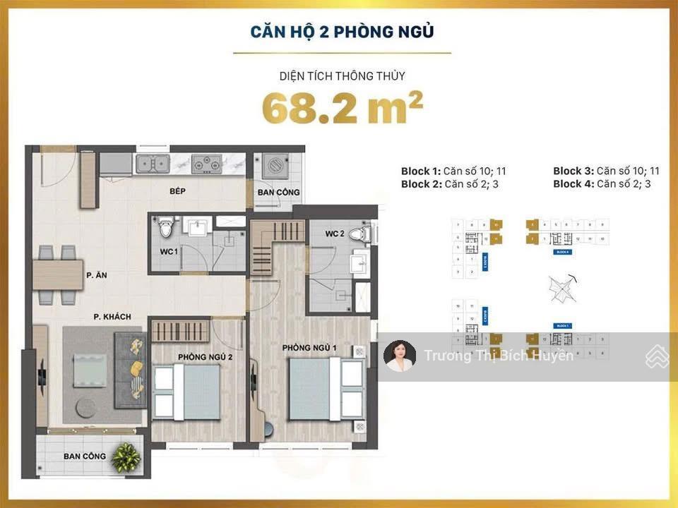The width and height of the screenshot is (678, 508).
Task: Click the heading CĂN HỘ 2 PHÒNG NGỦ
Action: click(342, 32)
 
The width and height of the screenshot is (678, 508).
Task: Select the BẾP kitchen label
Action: click(177, 191)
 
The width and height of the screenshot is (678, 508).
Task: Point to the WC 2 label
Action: click(335, 234)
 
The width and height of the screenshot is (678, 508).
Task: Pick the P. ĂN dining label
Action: click(96, 276)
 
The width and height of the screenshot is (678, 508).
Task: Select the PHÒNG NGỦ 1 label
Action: click(309, 348)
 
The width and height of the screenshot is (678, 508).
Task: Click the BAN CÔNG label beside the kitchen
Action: click(278, 192)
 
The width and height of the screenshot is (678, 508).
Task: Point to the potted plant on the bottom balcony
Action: click(126, 457)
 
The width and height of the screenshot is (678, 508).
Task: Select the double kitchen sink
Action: click(153, 164)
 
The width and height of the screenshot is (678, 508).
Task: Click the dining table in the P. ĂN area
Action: click(58, 275)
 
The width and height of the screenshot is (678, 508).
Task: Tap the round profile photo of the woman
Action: click(400, 356)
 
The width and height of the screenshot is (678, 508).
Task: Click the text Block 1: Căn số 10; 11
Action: click(453, 171)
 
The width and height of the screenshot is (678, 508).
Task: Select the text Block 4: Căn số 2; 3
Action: click(602, 183)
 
